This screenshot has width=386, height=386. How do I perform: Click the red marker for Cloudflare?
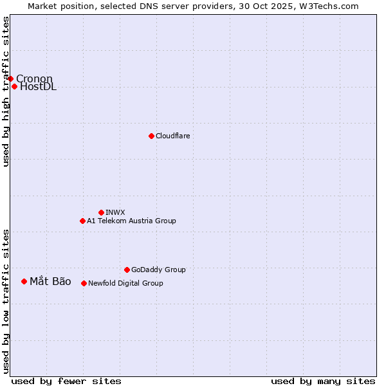tap(151, 136)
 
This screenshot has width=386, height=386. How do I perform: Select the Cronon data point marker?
tap(10, 78)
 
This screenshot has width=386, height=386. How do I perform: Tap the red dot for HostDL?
tap(14, 86)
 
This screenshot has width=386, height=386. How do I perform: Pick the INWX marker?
tap(101, 212)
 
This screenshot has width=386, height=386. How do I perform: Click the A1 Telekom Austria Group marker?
tap(82, 221)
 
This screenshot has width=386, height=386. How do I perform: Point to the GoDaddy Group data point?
tap(127, 270)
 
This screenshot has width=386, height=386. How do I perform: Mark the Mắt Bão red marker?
tap(24, 281)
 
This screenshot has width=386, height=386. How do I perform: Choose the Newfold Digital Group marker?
tap(84, 283)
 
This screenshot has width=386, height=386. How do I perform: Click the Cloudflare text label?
tap(172, 136)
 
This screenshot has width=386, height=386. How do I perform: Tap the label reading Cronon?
tap(34, 79)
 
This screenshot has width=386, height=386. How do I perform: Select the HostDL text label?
tap(38, 87)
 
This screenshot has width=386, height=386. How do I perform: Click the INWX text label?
tap(115, 212)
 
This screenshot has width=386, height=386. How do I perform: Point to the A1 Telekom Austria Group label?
tap(131, 221)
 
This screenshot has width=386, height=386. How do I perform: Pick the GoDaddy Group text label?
tap(158, 270)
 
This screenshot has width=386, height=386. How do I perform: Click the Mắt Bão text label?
tap(50, 281)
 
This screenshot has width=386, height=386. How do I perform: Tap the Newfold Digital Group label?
tap(125, 283)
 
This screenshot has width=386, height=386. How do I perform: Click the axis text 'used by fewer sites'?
tap(66, 381)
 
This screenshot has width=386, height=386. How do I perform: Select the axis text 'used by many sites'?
tap(323, 381)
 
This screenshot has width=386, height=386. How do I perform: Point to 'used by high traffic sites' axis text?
tap(6, 91)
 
